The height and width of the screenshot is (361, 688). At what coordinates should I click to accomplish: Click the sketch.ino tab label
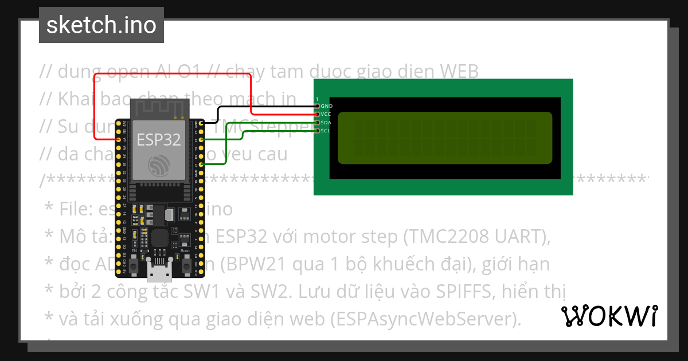pyautogui.click(x=101, y=25)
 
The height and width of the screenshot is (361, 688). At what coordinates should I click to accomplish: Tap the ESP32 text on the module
pyautogui.click(x=158, y=139)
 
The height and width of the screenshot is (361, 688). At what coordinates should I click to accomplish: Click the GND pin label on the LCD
pyautogui.click(x=327, y=106)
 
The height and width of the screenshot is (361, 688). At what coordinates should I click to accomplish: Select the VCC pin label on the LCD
pyautogui.click(x=326, y=114)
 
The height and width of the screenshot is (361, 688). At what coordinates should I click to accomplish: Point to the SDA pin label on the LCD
pyautogui.click(x=326, y=123)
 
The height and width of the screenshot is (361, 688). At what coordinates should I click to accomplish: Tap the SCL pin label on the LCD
pyautogui.click(x=326, y=131)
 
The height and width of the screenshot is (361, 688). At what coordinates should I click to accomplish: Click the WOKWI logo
pyautogui.click(x=609, y=316)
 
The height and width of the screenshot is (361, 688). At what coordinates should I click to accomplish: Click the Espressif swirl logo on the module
pyautogui.click(x=158, y=166)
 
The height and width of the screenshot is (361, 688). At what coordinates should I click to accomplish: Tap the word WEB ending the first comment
pyautogui.click(x=458, y=71)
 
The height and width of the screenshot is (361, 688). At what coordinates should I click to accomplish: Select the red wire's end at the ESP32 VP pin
pyautogui.click(x=119, y=139)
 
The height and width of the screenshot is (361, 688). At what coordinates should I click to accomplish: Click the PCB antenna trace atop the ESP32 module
pyautogui.click(x=159, y=109)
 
